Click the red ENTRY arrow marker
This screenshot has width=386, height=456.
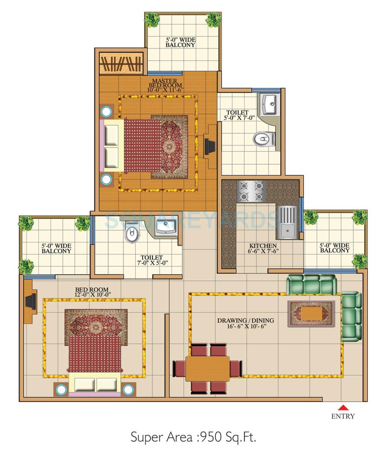click(x=343, y=407)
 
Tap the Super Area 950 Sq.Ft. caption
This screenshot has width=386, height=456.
click(x=193, y=437)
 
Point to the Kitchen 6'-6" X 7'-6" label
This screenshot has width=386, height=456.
click(x=263, y=248)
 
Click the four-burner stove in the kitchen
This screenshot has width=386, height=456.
click(x=252, y=191)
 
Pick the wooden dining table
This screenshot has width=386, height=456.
click(x=208, y=368)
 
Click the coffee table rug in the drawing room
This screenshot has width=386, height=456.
click(x=311, y=313)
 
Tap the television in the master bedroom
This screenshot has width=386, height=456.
click(x=210, y=147)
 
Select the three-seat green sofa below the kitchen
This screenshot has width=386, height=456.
click(x=311, y=285)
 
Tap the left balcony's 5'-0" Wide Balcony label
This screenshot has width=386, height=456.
click(x=56, y=248)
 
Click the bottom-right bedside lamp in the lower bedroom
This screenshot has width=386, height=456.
click(x=128, y=389)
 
